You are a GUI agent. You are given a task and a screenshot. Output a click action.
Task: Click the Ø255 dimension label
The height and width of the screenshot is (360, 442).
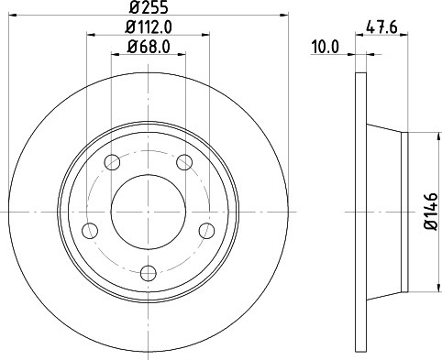point(149,7)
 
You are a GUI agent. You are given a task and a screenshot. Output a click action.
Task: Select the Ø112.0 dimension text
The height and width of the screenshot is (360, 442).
point(149,27)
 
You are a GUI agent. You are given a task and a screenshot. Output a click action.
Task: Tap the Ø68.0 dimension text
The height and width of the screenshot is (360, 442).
point(149,47)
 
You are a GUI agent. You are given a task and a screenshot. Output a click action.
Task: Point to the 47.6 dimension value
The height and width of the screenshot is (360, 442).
point(381,27)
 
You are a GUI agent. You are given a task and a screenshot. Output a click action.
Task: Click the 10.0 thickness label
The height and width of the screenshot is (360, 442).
point(326,48)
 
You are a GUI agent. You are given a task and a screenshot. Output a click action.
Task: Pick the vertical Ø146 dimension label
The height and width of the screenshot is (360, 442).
point(431,212)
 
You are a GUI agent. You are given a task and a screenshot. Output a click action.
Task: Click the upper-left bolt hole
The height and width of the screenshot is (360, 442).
point(112,162)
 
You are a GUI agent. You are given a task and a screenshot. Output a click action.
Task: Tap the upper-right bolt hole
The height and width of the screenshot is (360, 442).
point(184,162)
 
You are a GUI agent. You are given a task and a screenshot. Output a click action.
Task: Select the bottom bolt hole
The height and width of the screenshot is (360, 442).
point(149,273)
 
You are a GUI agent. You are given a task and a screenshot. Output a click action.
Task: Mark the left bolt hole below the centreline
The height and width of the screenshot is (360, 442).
point(90,231)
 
